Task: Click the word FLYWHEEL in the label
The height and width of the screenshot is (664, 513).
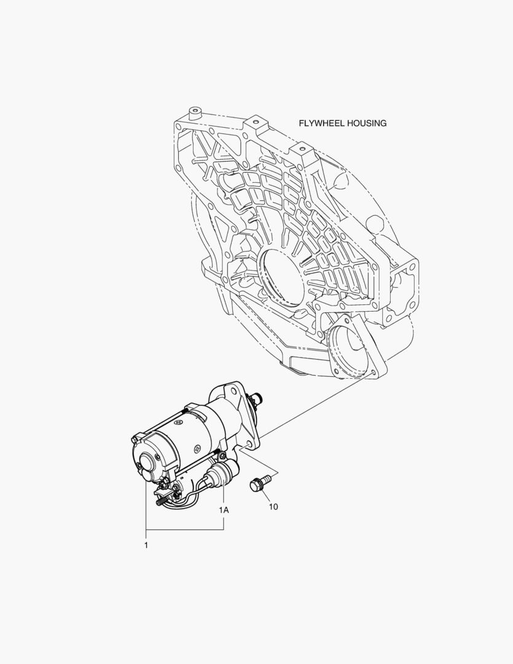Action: [321, 123]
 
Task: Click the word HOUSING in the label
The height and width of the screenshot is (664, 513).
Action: [367, 123]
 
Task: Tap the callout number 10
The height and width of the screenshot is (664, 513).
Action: [273, 507]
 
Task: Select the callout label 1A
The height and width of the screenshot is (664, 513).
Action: [224, 510]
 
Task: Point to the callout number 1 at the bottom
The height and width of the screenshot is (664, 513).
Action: [146, 545]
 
